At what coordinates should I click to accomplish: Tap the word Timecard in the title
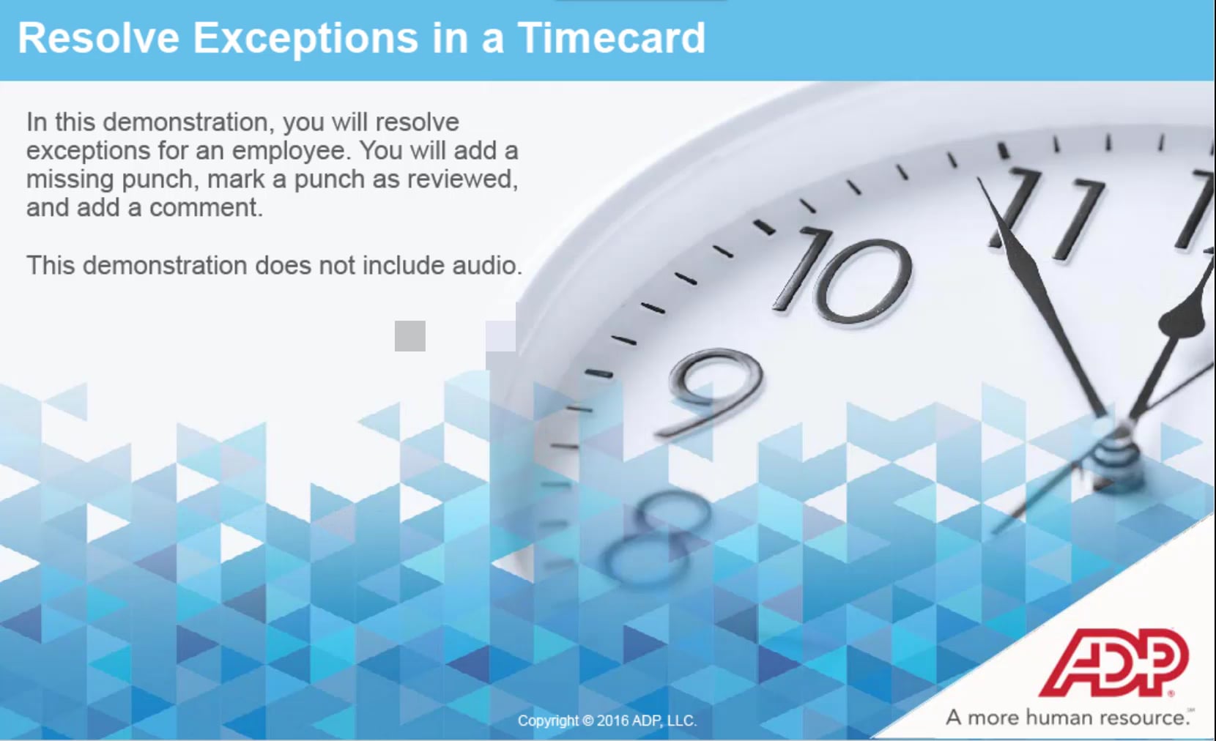612,38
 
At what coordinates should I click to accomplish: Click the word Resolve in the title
98,38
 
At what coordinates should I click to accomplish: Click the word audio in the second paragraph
484,265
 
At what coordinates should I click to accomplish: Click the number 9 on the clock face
713,391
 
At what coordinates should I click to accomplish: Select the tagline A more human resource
1068,718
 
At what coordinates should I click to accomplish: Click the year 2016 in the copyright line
612,720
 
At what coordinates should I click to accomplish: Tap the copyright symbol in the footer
587,720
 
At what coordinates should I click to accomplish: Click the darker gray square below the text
410,336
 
